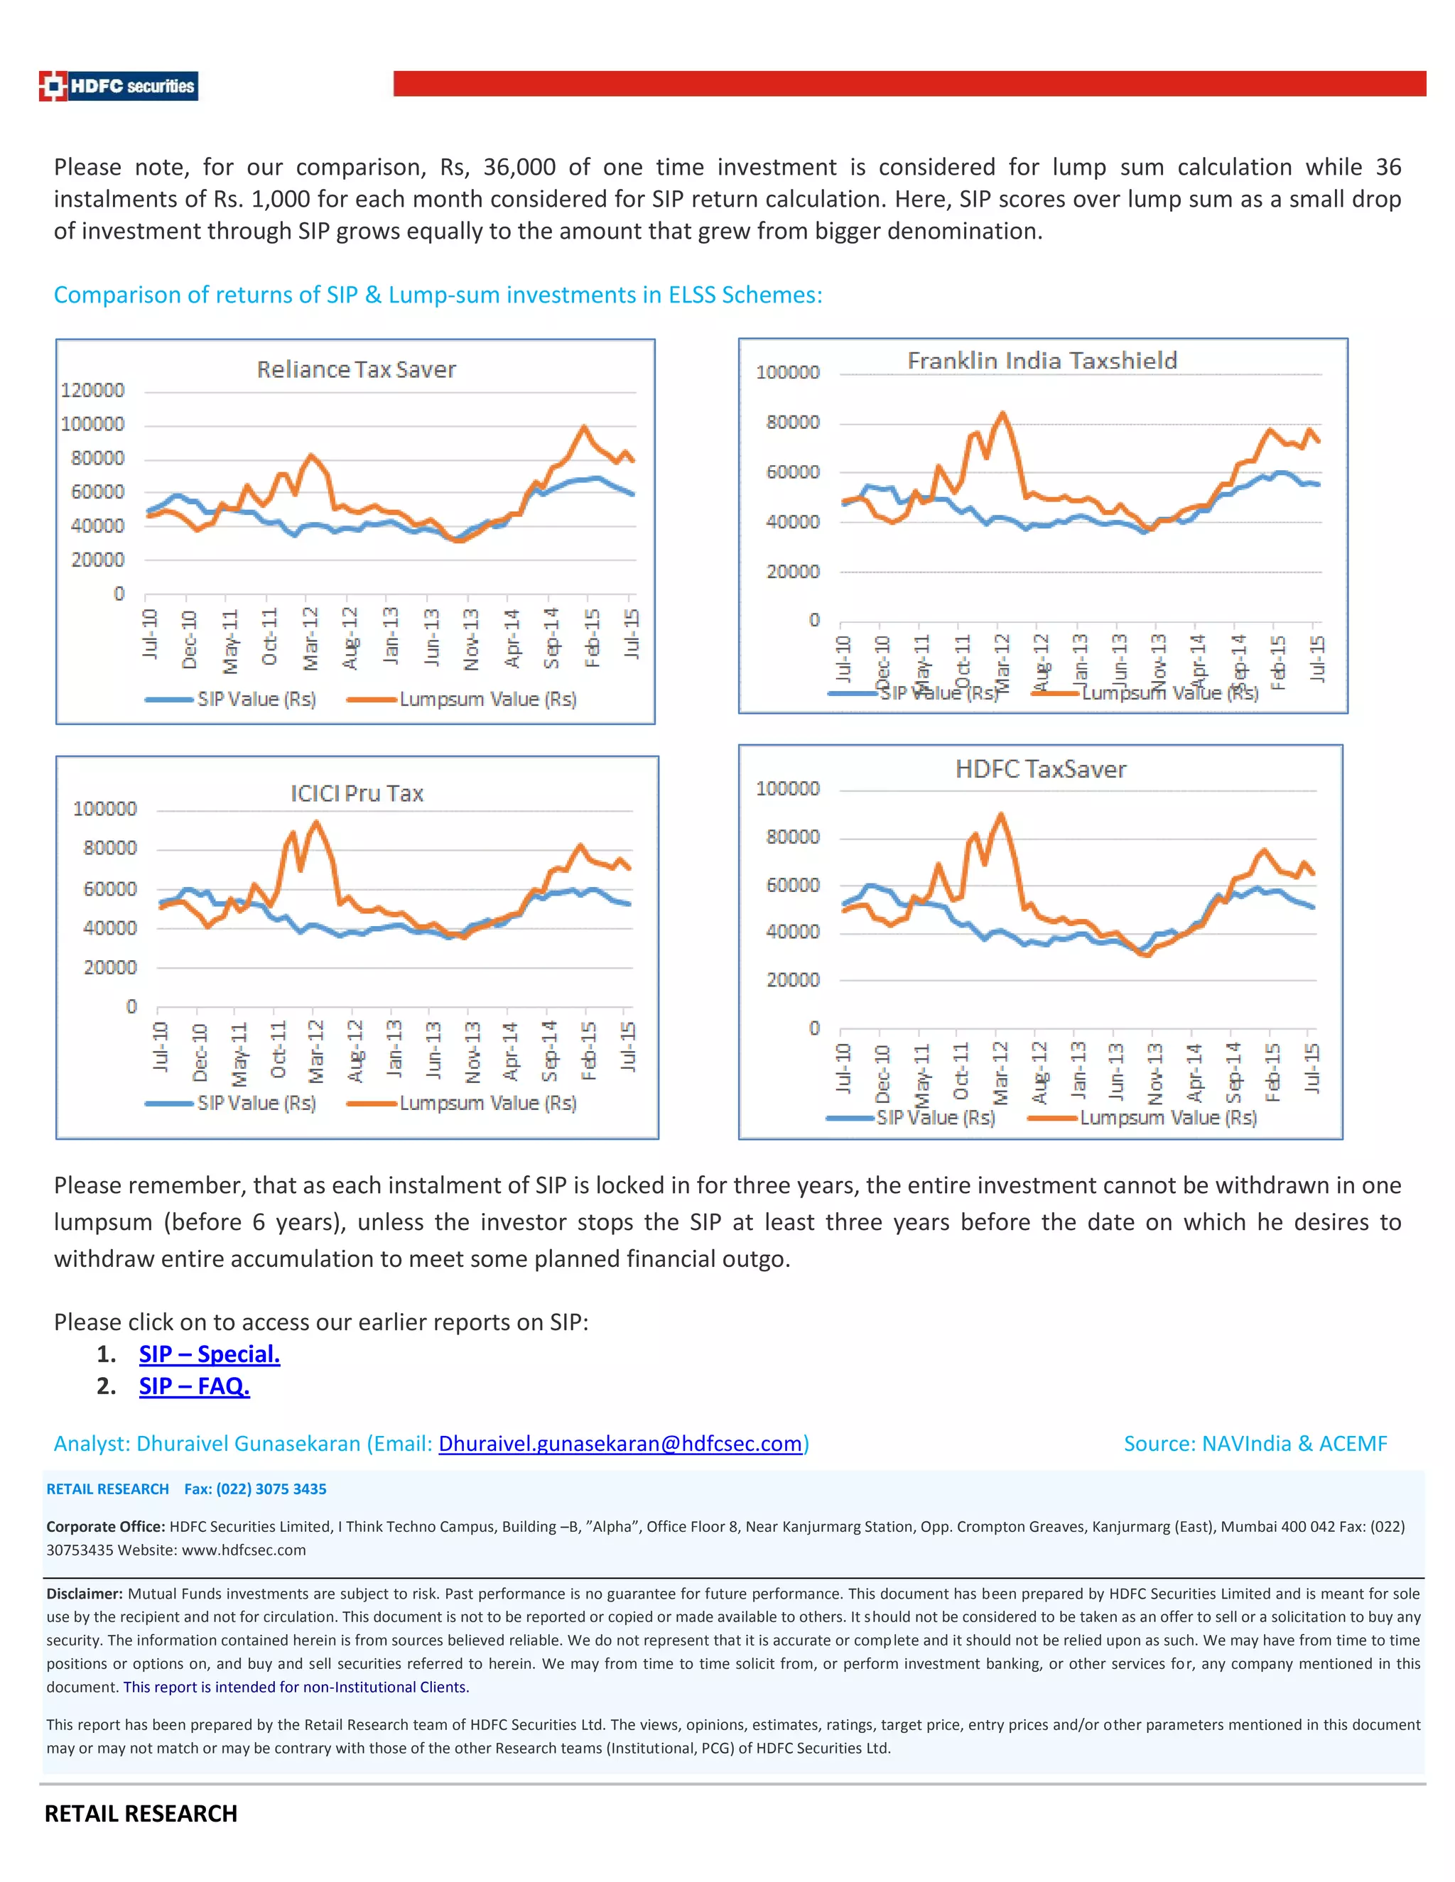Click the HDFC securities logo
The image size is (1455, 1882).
(x=119, y=86)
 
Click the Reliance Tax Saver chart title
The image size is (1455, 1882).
(x=356, y=370)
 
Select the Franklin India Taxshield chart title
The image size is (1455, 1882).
(x=1042, y=360)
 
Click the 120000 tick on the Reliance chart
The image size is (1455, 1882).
(x=92, y=391)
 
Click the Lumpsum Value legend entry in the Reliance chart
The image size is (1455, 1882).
(x=487, y=699)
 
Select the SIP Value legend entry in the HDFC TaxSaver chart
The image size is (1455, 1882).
(x=935, y=1118)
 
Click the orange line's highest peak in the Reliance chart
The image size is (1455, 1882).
(x=585, y=427)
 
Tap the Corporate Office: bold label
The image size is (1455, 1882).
(x=105, y=1526)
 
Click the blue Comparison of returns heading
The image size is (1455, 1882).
(x=438, y=295)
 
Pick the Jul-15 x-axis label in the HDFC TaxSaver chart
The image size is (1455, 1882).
(x=1311, y=1069)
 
